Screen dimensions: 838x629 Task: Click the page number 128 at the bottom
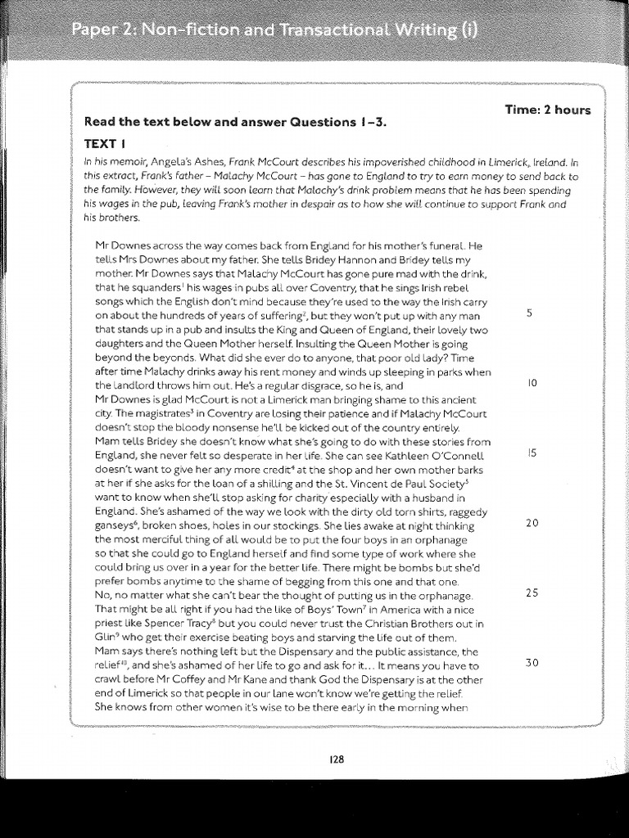coord(336,759)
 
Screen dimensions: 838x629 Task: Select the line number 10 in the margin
coord(532,383)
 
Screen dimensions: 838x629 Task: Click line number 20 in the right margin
coord(532,523)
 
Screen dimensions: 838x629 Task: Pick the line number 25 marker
coord(532,592)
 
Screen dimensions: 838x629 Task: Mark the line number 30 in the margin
coord(532,662)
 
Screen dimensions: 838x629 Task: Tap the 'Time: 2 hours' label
coord(548,110)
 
